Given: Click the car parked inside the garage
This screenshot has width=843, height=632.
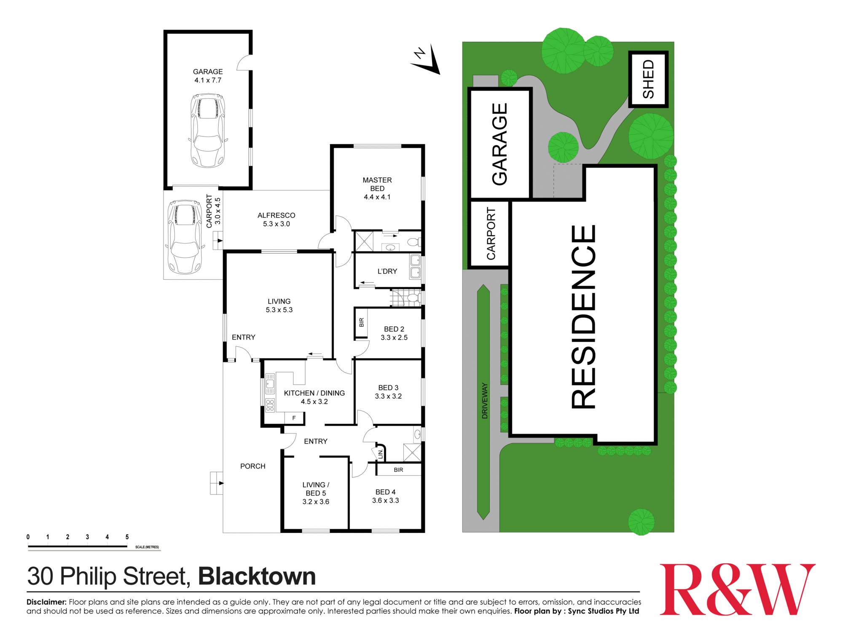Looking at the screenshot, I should (x=208, y=130).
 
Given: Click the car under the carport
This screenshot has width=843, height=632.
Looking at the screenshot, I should (x=184, y=237).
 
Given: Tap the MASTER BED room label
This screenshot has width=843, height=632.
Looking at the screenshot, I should (x=377, y=184).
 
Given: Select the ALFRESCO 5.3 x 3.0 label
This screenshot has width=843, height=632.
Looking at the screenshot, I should (x=277, y=220).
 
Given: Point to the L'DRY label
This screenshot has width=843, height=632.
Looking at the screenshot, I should (x=387, y=271).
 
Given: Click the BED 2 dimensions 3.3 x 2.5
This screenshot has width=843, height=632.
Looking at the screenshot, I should (x=394, y=337).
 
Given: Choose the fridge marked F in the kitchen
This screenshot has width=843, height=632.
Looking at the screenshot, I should (x=294, y=418).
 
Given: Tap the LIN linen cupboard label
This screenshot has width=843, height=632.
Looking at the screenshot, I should (x=381, y=454).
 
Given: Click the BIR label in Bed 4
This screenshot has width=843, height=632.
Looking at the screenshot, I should (x=398, y=470).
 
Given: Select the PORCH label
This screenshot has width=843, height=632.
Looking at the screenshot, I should (x=253, y=466).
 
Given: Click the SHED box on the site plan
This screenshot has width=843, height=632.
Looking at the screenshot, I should (x=648, y=79).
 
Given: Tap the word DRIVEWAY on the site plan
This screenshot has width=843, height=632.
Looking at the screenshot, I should (x=485, y=401).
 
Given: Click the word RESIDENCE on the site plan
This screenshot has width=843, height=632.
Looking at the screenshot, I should (x=584, y=316).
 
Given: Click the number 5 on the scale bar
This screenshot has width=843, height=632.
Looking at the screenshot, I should (x=127, y=537).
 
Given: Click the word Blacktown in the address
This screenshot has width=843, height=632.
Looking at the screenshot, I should (x=257, y=576).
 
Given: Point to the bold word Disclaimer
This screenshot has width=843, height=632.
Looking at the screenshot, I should (x=46, y=602).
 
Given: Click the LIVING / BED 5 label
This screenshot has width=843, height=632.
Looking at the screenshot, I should (x=316, y=493).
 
